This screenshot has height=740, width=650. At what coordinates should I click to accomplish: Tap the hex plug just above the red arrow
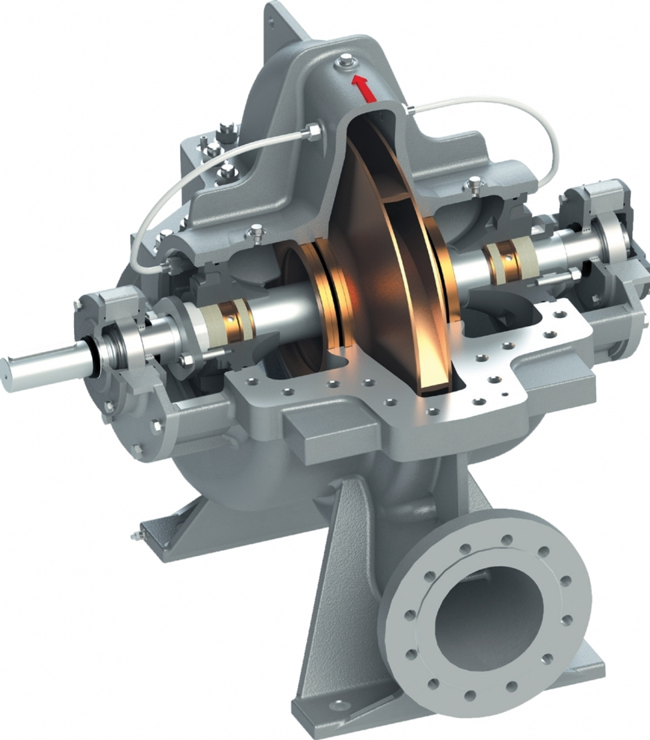(344, 63)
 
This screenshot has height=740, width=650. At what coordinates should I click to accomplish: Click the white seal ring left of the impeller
(211, 321)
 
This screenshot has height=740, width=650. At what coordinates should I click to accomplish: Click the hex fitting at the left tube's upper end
(313, 132)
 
